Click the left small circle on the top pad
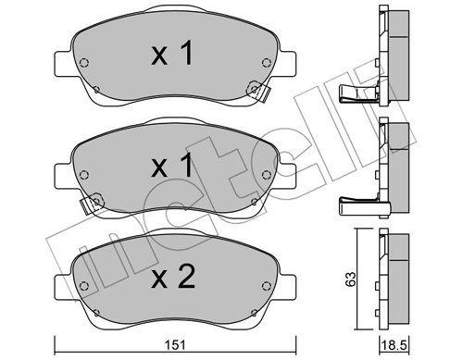pos(85,64)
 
